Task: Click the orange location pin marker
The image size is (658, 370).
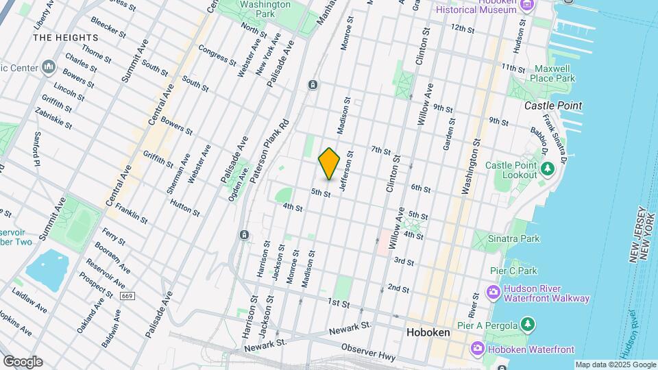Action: (329, 164)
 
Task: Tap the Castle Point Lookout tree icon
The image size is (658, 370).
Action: (547, 169)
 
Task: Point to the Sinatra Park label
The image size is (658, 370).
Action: (514, 238)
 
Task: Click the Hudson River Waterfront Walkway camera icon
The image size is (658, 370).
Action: (493, 293)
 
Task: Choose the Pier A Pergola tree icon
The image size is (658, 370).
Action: (527, 323)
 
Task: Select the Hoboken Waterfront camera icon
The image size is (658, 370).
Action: (478, 349)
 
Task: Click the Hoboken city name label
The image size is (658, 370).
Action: (428, 332)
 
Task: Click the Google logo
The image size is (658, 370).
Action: (23, 362)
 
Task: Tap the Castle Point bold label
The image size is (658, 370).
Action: (553, 106)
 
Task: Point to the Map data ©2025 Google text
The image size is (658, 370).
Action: (615, 365)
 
